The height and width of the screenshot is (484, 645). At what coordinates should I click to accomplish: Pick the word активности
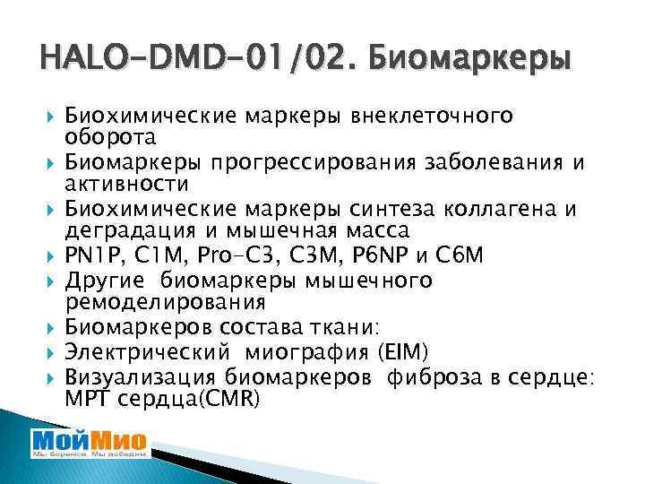click(x=126, y=185)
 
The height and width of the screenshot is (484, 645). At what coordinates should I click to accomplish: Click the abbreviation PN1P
click(x=93, y=256)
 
